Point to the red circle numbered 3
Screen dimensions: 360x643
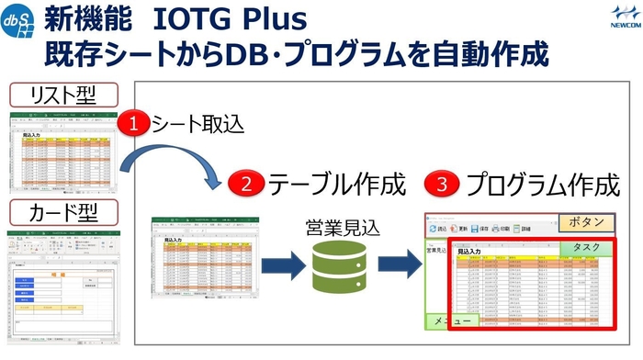[x=440, y=185]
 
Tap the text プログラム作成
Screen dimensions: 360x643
[x=542, y=185]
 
